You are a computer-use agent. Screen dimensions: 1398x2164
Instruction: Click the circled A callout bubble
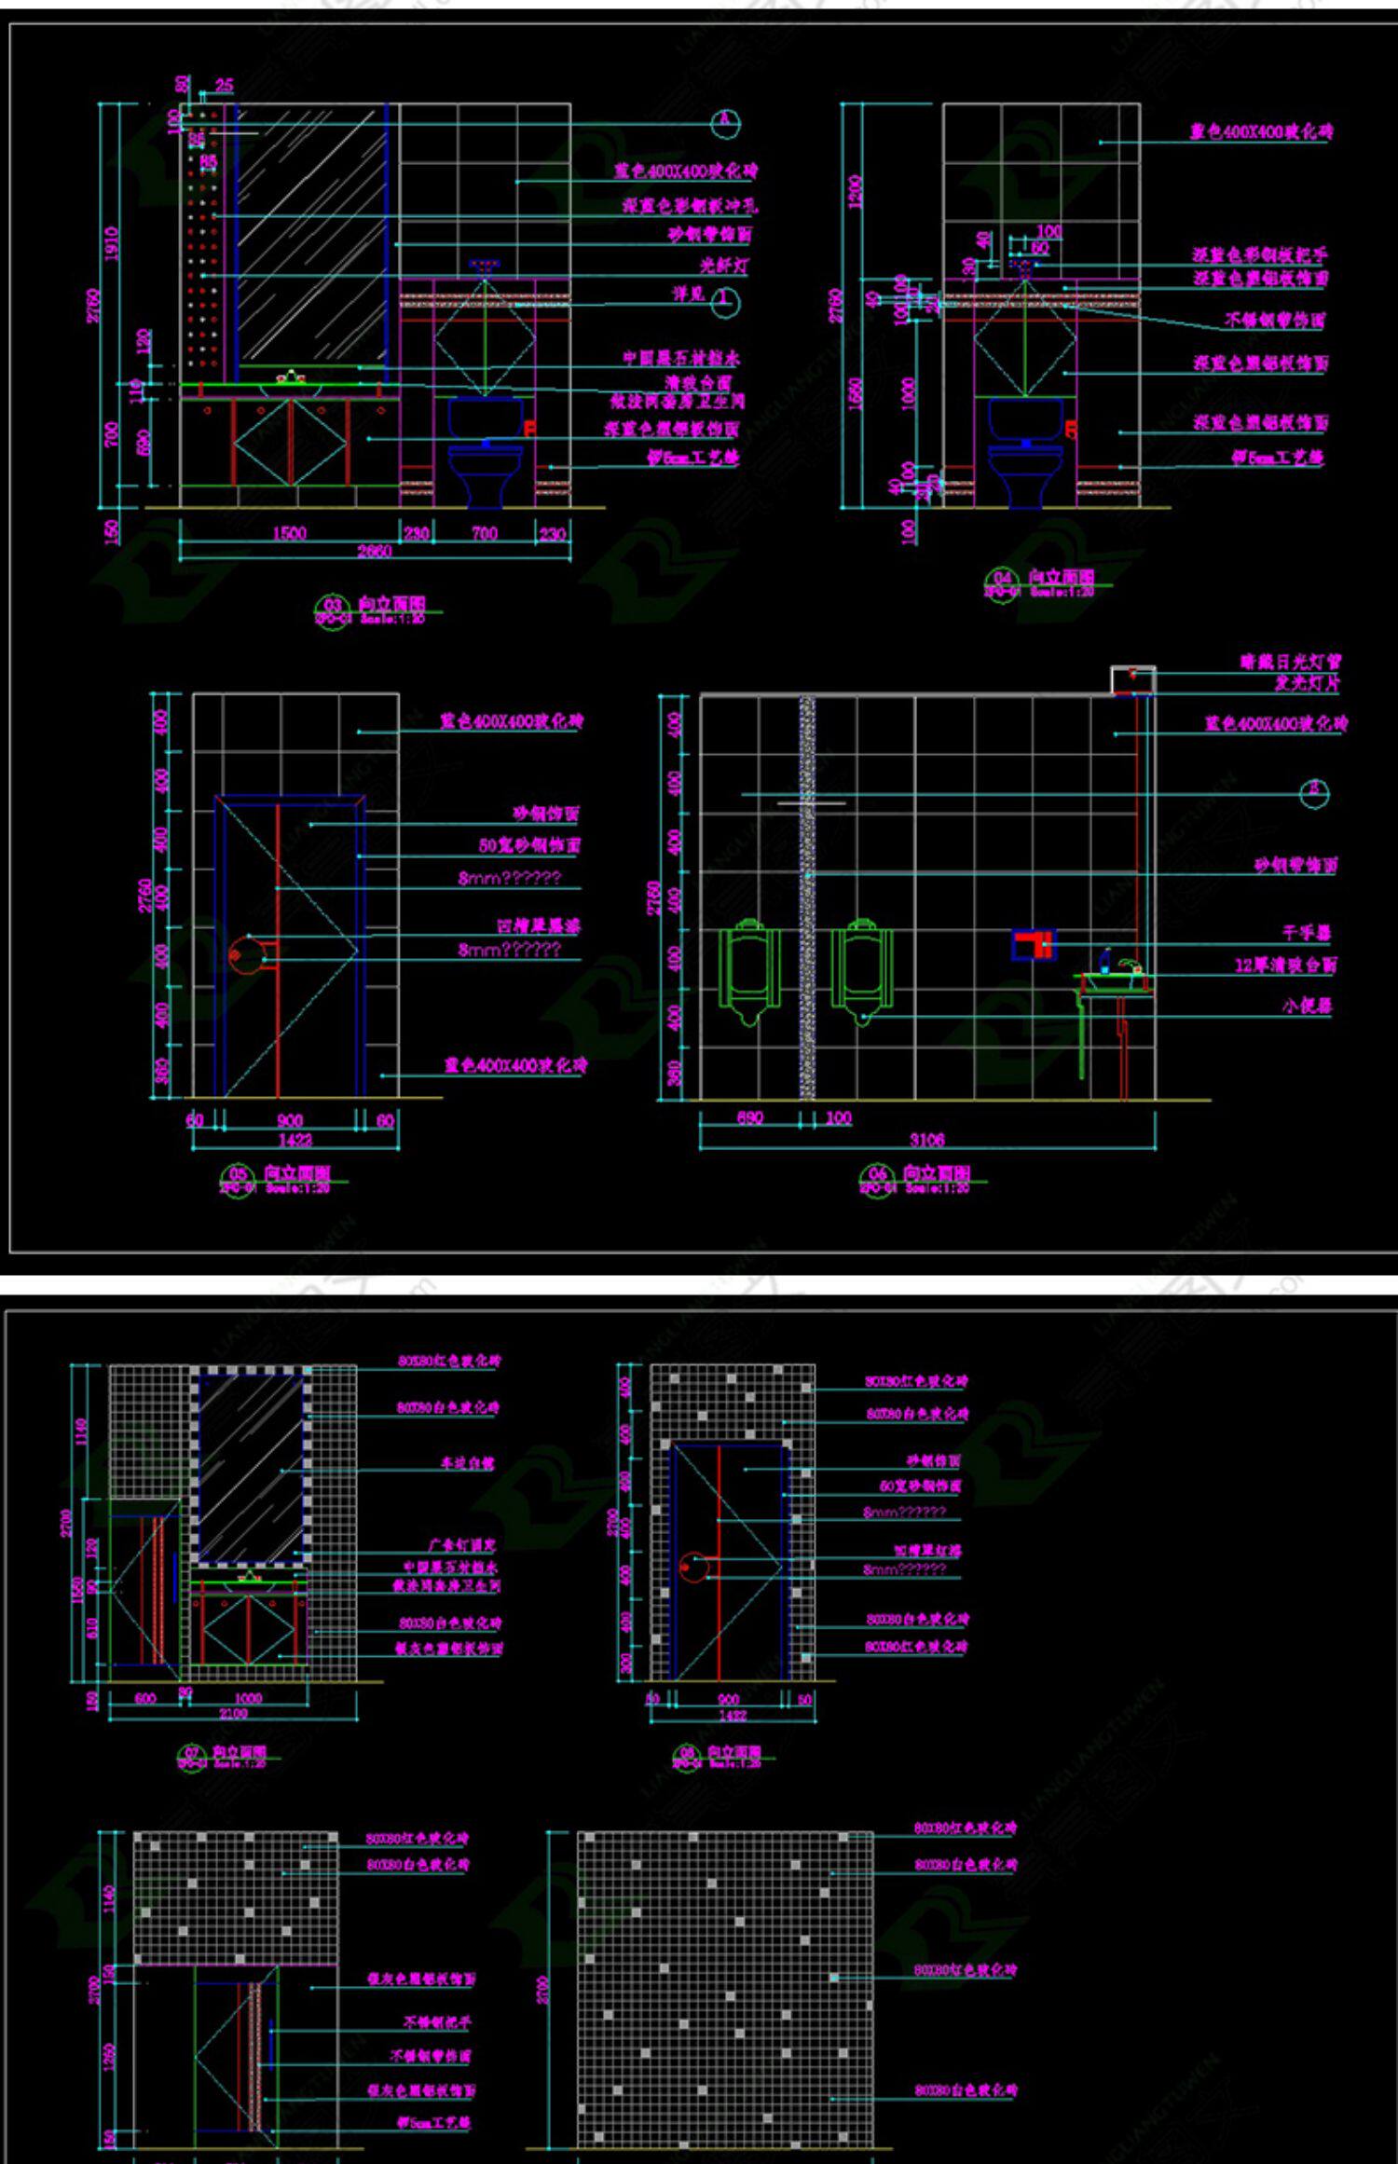pyautogui.click(x=725, y=122)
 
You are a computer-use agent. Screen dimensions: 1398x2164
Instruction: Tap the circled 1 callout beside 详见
pyautogui.click(x=725, y=301)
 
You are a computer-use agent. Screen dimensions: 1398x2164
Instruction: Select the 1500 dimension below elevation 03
pyautogui.click(x=289, y=533)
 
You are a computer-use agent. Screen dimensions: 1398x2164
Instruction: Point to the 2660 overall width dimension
pyautogui.click(x=375, y=552)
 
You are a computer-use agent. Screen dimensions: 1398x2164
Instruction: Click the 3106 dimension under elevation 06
pyautogui.click(x=927, y=1139)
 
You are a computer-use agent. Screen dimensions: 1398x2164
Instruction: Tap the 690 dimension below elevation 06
pyautogui.click(x=750, y=1117)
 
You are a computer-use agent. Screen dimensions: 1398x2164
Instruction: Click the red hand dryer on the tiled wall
pyautogui.click(x=1033, y=944)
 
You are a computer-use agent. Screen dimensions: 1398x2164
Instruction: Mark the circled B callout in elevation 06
pyautogui.click(x=1314, y=793)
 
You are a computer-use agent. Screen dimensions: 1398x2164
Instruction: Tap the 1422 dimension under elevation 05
pyautogui.click(x=295, y=1139)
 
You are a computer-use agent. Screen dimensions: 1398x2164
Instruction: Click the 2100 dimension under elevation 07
pyautogui.click(x=233, y=1713)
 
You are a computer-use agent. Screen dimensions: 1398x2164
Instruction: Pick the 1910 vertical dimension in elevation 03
pyautogui.click(x=112, y=244)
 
